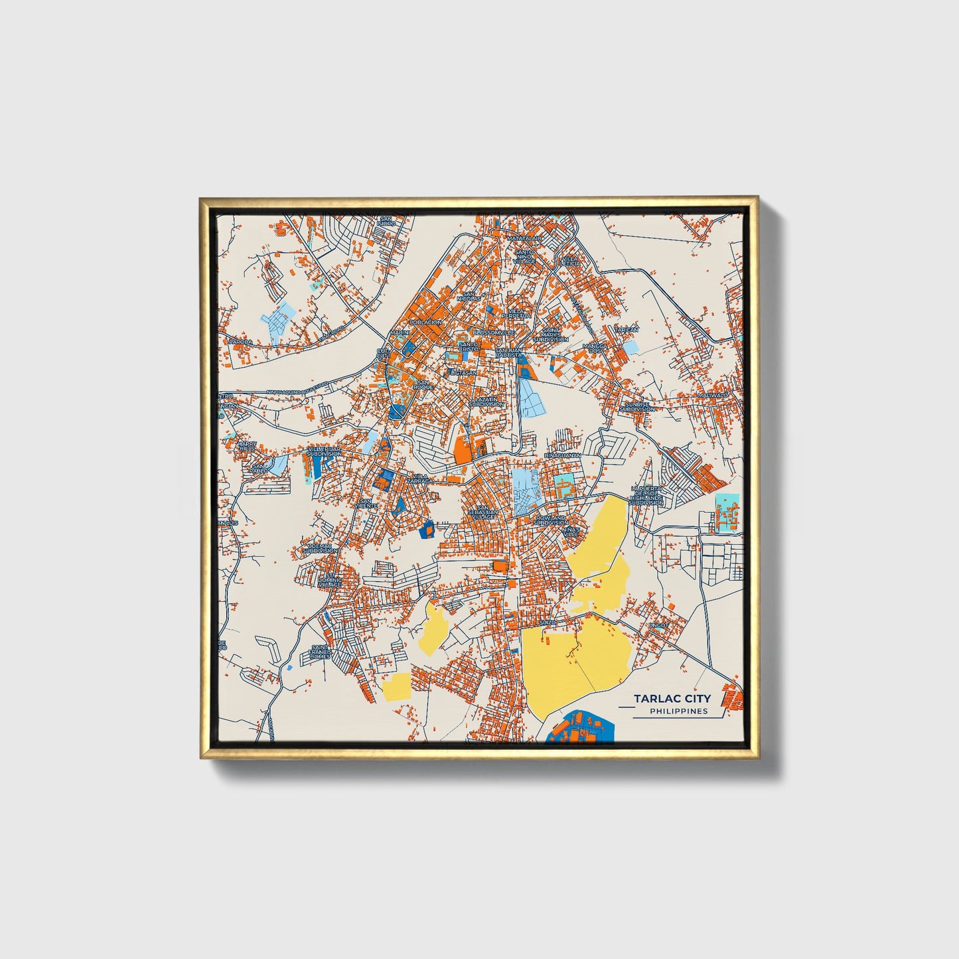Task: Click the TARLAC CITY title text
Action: (x=672, y=698)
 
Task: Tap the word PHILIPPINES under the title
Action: (x=678, y=711)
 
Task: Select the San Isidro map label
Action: (x=386, y=221)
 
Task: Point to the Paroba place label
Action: (x=240, y=342)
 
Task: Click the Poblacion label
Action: (x=425, y=323)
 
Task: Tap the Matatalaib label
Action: (x=524, y=238)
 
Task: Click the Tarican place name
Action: (x=626, y=330)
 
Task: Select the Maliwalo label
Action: (x=713, y=395)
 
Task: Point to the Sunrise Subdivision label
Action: (x=636, y=407)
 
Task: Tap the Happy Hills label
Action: (x=246, y=446)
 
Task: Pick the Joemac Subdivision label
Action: (x=320, y=548)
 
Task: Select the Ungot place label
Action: (x=659, y=625)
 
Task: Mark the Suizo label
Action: (x=547, y=622)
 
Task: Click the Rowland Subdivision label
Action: (x=551, y=520)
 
